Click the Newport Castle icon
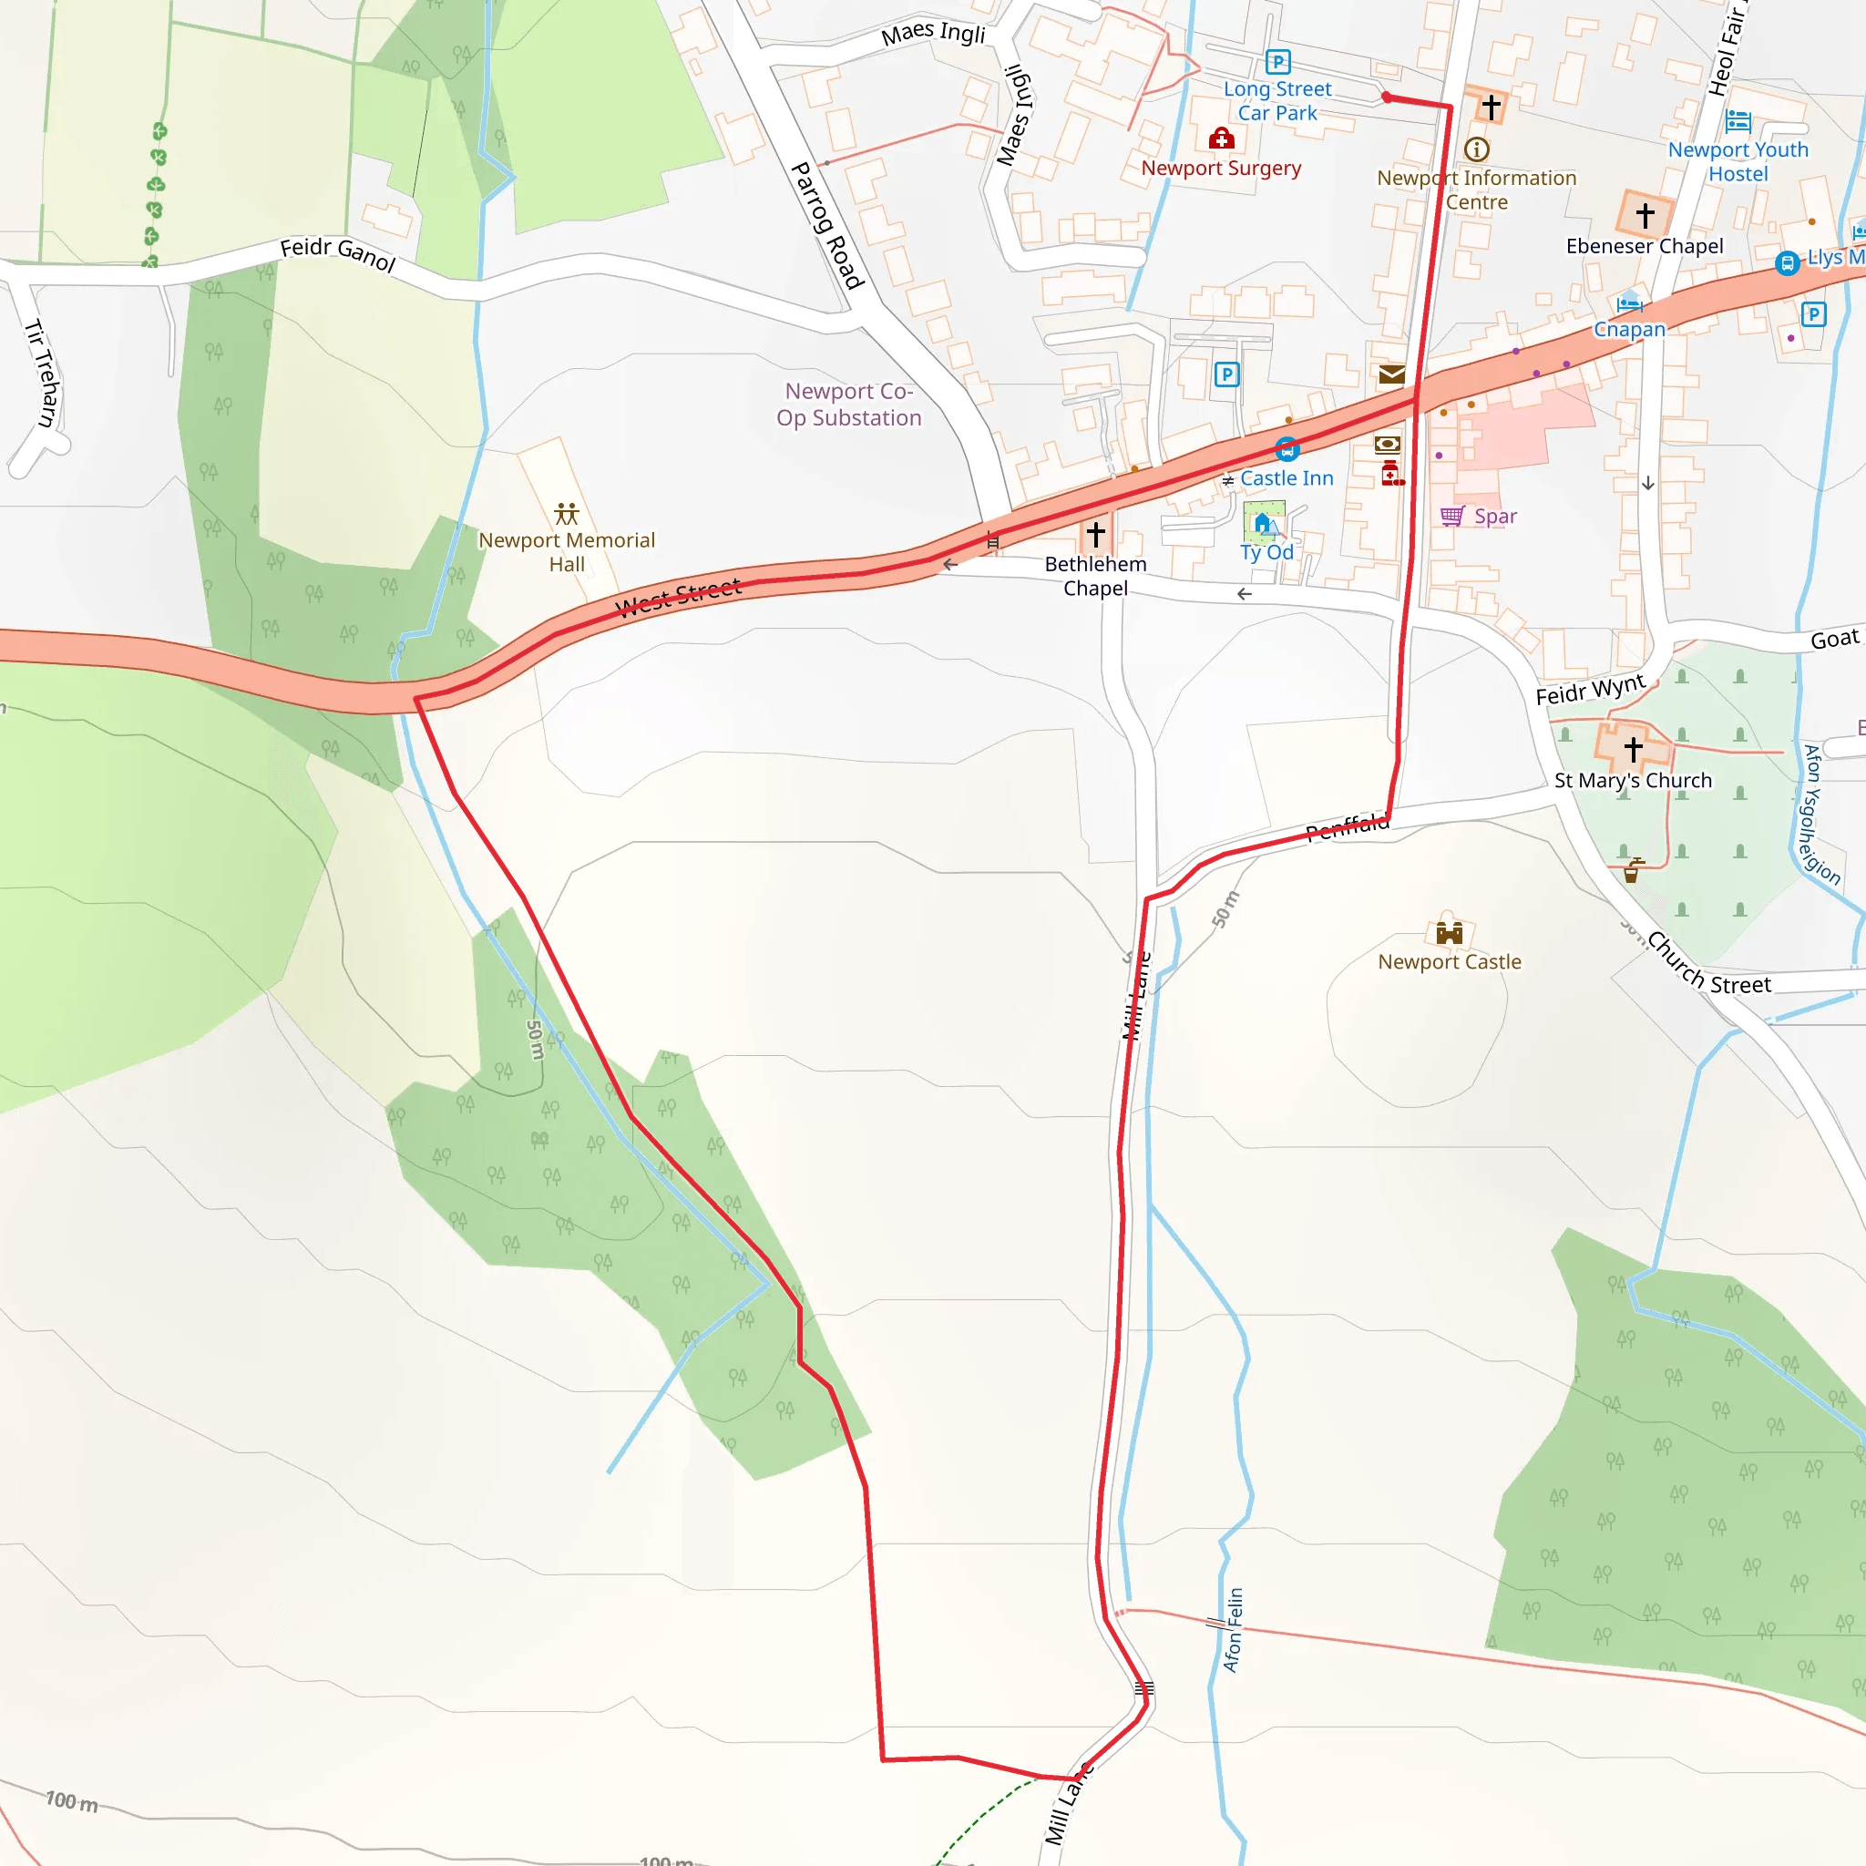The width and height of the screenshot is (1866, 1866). [1449, 932]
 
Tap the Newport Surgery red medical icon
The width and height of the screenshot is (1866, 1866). [1222, 139]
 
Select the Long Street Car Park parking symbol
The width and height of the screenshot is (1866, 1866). [1277, 63]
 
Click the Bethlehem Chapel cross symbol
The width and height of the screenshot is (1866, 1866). [1095, 533]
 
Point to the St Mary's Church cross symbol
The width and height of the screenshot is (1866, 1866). [1634, 749]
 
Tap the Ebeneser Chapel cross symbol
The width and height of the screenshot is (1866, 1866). [1646, 214]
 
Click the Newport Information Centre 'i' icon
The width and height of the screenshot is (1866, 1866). [1477, 149]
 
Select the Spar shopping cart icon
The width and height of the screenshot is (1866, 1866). [1451, 517]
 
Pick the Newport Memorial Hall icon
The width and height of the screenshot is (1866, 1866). [567, 513]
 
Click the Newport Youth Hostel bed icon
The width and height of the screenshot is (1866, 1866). [1738, 122]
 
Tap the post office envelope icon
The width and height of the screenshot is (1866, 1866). [1392, 374]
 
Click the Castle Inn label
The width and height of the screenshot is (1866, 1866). [1287, 478]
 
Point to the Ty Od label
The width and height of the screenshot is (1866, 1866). [1267, 552]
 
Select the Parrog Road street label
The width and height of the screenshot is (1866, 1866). [826, 225]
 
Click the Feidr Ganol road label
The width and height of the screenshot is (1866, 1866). [338, 254]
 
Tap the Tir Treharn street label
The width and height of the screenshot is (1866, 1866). [42, 373]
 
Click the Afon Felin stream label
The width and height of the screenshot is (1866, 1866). [1234, 1629]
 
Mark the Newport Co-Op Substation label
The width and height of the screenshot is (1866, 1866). [849, 405]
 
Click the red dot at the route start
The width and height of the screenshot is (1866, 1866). [1386, 97]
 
